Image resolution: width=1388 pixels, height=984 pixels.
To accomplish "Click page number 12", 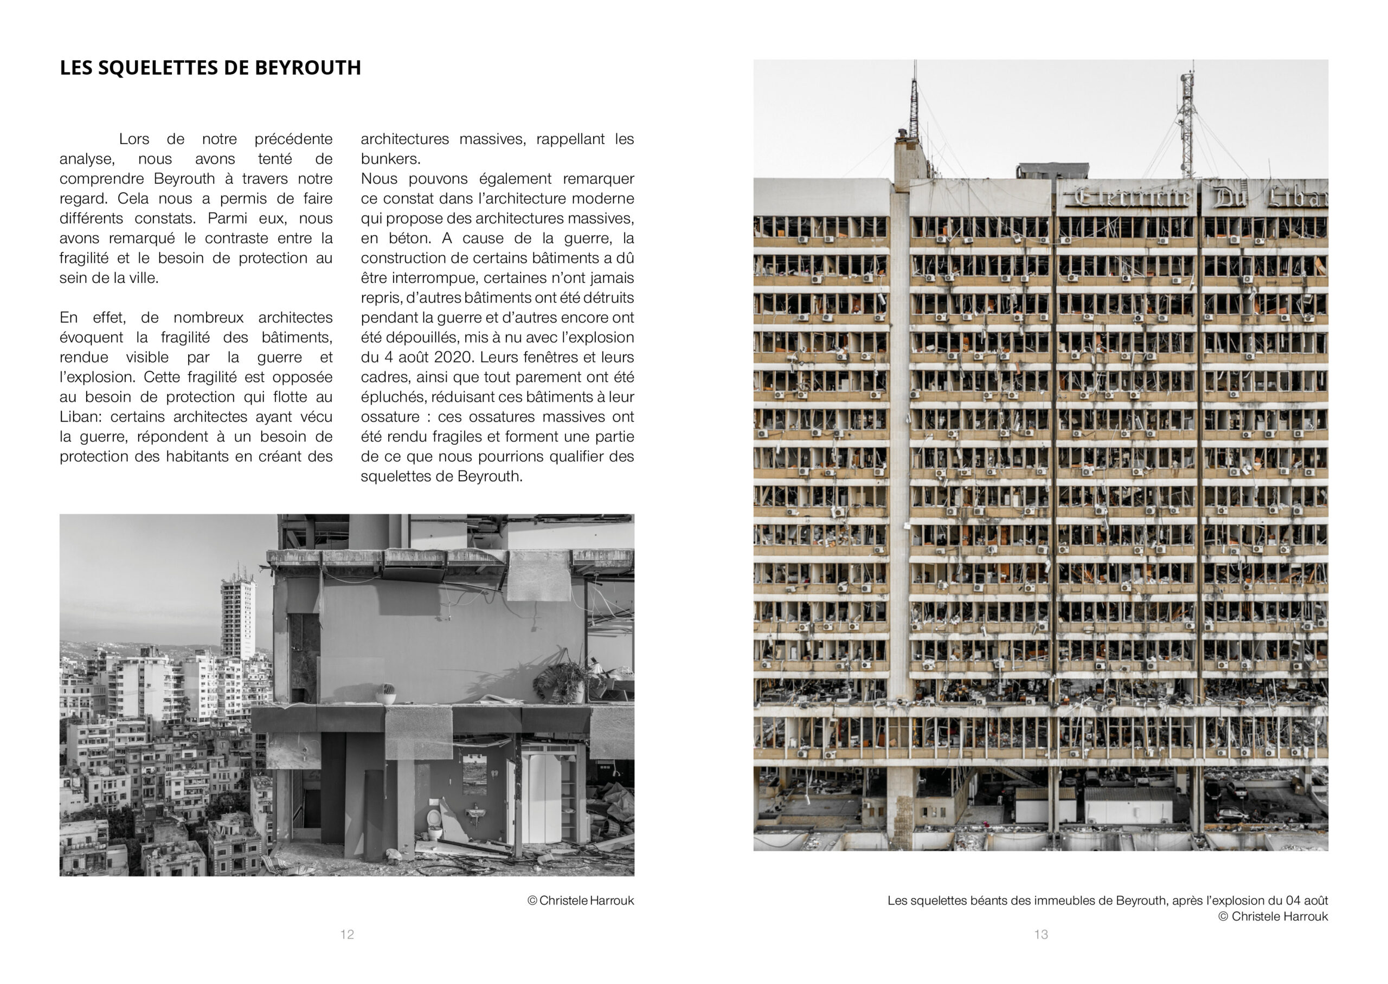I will click(346, 934).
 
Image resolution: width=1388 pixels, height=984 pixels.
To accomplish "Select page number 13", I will click(1040, 934).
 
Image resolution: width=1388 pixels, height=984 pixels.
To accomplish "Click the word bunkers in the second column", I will click(390, 159).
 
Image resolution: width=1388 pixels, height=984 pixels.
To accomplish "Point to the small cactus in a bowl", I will click(385, 693).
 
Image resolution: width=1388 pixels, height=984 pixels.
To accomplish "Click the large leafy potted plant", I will click(561, 682).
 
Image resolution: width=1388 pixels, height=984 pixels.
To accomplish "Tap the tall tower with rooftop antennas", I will click(237, 615).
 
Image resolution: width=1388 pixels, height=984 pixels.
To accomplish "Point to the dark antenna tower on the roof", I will click(914, 109).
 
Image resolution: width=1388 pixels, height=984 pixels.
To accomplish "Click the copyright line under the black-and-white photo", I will click(580, 901).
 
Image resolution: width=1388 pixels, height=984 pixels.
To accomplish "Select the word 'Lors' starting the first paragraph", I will click(134, 139).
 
